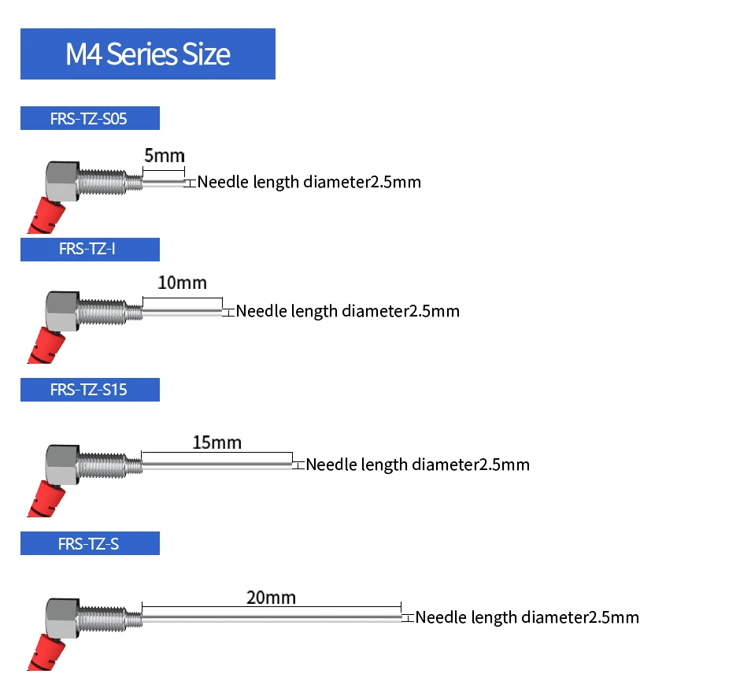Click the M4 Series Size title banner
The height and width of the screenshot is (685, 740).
[148, 54]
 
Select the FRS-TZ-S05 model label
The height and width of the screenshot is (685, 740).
[90, 119]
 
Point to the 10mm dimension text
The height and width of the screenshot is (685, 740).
[182, 283]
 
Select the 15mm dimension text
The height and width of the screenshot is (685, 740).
[216, 442]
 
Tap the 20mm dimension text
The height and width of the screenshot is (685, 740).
[271, 598]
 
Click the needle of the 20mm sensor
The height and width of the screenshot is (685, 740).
[272, 618]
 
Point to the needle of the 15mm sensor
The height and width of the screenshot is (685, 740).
[217, 465]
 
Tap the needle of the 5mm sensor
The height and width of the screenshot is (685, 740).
[164, 183]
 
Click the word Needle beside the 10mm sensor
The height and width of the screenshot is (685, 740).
[261, 311]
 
